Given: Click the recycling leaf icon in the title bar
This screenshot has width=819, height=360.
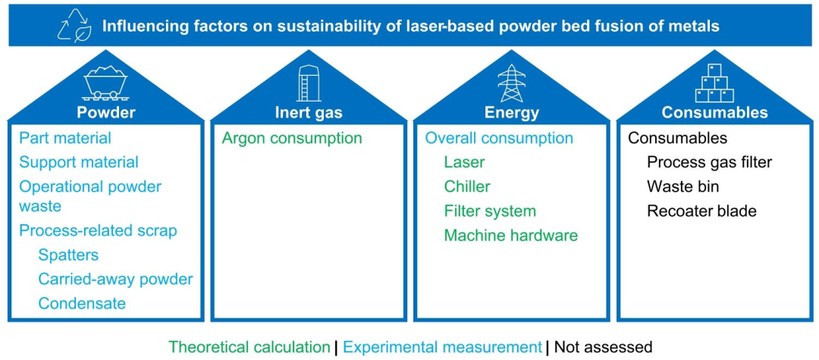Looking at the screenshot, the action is click(75, 26).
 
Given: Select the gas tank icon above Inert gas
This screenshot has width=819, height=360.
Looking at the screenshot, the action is click(304, 83).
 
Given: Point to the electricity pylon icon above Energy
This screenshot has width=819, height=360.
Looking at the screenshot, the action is click(511, 83).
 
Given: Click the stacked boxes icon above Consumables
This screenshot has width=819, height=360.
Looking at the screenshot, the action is click(714, 83).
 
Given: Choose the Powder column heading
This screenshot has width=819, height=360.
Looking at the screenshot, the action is click(105, 113).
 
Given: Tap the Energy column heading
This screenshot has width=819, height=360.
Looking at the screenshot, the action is click(511, 113).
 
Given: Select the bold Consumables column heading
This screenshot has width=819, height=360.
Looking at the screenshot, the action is click(714, 113).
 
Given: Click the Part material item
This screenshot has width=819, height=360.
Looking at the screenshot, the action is click(65, 138).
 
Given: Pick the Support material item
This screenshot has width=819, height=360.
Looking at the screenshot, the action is click(79, 162).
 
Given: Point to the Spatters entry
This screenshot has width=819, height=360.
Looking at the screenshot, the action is click(68, 255).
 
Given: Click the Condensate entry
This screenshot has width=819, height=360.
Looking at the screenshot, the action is click(82, 303).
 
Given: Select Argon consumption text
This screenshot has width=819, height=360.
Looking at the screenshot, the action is click(292, 138).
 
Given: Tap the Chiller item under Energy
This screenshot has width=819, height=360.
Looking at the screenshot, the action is click(467, 186).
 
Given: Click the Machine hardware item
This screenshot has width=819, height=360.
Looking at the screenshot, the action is click(511, 235).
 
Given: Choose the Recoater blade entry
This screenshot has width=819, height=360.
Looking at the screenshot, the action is click(701, 211).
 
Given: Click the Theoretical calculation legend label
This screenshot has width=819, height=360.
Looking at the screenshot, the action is click(249, 346).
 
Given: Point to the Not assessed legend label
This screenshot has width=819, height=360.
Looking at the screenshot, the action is click(604, 346).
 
